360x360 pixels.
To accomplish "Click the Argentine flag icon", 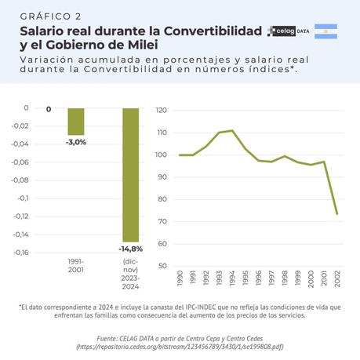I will (325, 31).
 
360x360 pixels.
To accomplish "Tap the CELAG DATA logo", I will (288, 31).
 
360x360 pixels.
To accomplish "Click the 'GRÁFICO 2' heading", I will (50, 16).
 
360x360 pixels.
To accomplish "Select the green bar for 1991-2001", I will (75, 122).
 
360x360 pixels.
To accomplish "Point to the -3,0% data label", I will (76, 142).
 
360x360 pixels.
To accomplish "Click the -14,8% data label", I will (130, 249).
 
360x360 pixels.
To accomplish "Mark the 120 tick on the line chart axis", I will (162, 111).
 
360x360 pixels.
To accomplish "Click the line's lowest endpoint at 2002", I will (337, 214).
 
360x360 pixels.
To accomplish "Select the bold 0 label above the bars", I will (49, 109).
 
